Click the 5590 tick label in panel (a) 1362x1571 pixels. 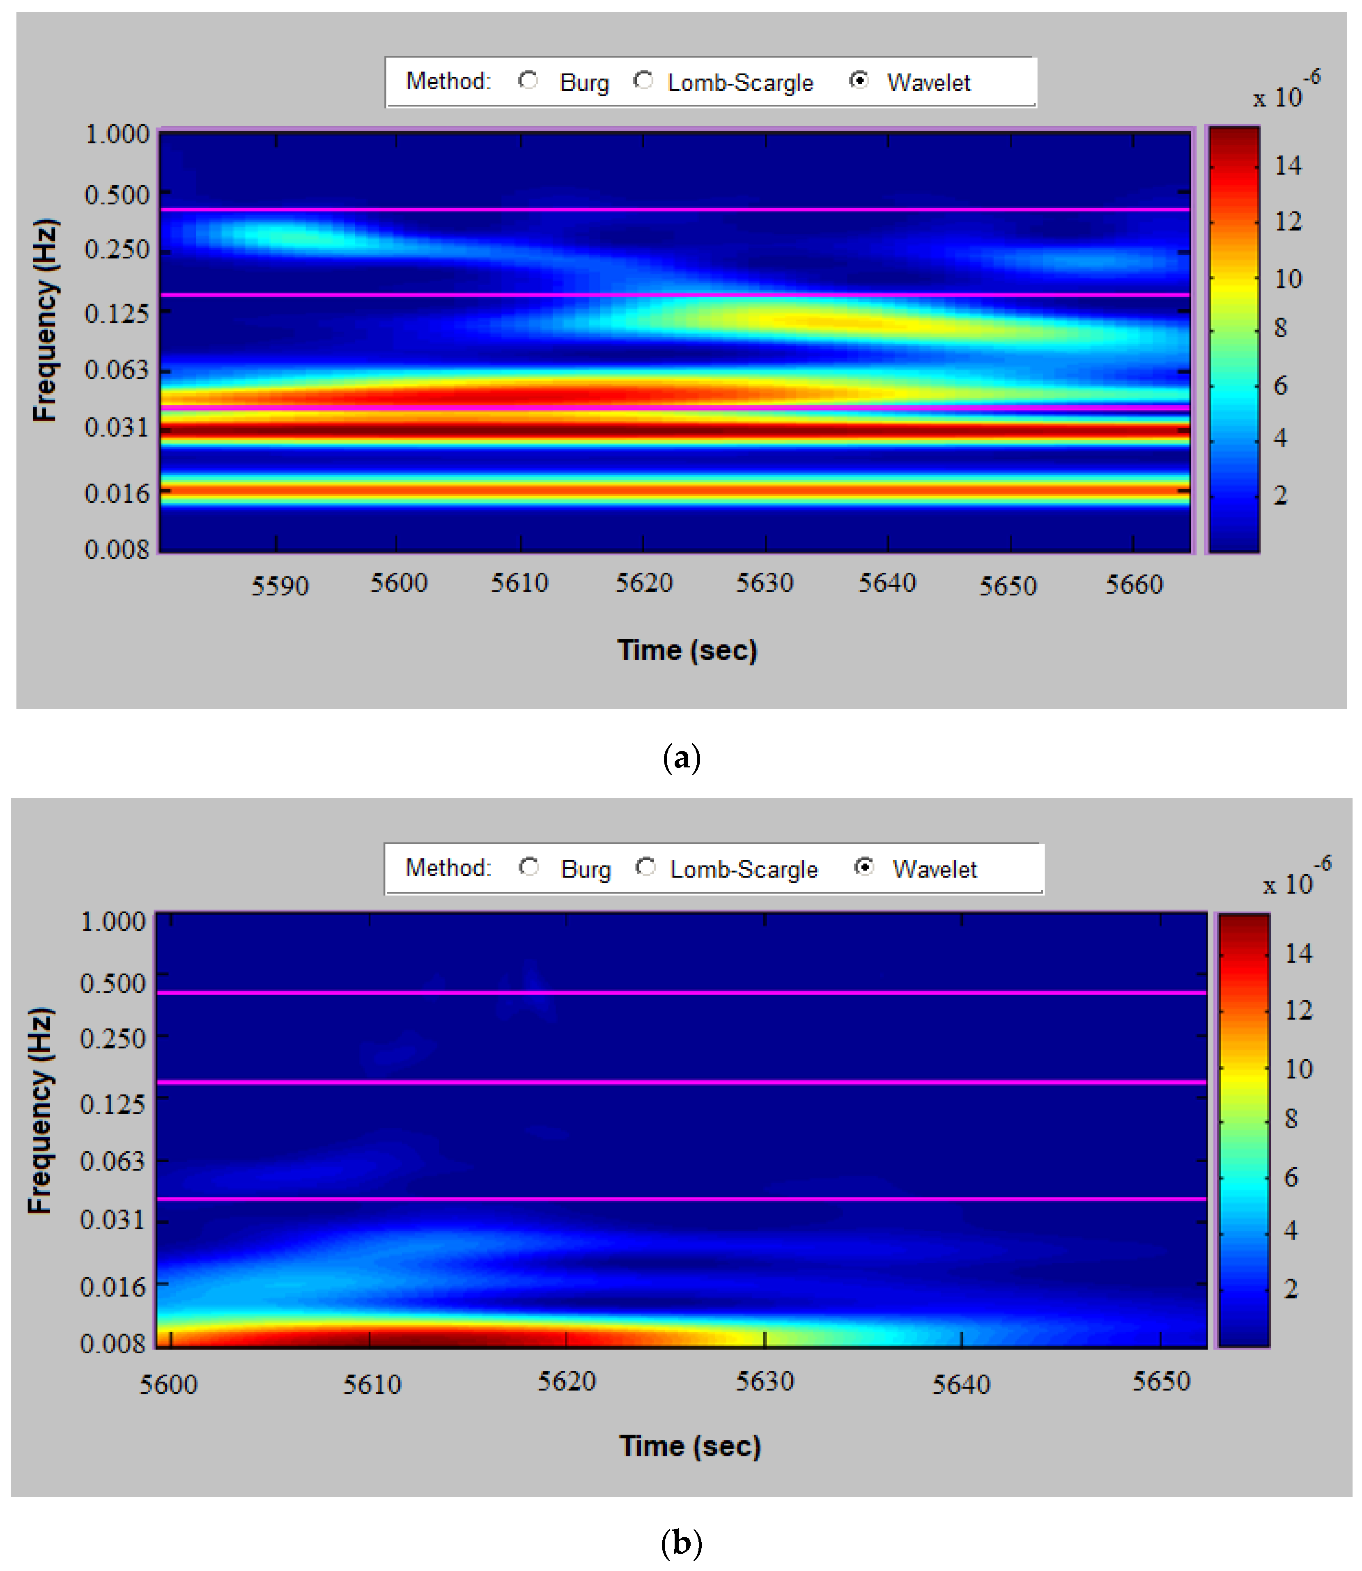(x=280, y=586)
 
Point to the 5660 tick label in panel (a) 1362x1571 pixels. (x=1133, y=585)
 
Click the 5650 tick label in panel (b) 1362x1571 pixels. (x=1160, y=1381)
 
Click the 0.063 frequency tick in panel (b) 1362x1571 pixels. (x=113, y=1161)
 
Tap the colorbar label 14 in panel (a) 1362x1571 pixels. (x=1288, y=166)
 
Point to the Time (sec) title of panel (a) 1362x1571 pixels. (x=687, y=650)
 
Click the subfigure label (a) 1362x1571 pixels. (x=681, y=758)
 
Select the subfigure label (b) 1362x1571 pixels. (x=681, y=1543)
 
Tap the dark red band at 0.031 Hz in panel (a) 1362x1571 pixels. (x=675, y=431)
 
